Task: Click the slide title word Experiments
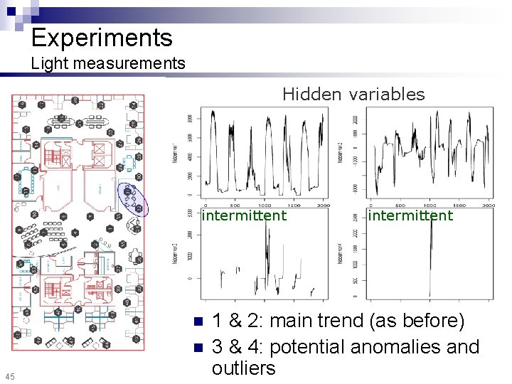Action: pyautogui.click(x=101, y=37)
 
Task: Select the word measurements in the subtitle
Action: pyautogui.click(x=127, y=63)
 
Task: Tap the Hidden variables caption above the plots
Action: pyautogui.click(x=353, y=94)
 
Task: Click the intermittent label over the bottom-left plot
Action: pyautogui.click(x=244, y=215)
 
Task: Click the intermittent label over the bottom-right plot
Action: pyautogui.click(x=410, y=215)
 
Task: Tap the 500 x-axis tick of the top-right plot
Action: pyautogui.click(x=403, y=204)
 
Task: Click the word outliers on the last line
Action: pyautogui.click(x=243, y=368)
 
